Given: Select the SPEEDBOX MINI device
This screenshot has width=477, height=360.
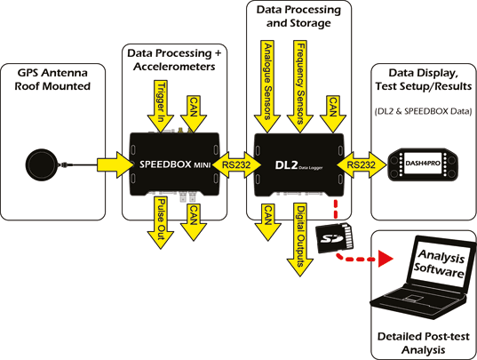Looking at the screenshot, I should pos(173,164).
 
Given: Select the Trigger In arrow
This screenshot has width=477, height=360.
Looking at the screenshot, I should pos(159,104).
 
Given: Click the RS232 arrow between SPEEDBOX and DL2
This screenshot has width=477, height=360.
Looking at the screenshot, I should pos(235,164).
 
